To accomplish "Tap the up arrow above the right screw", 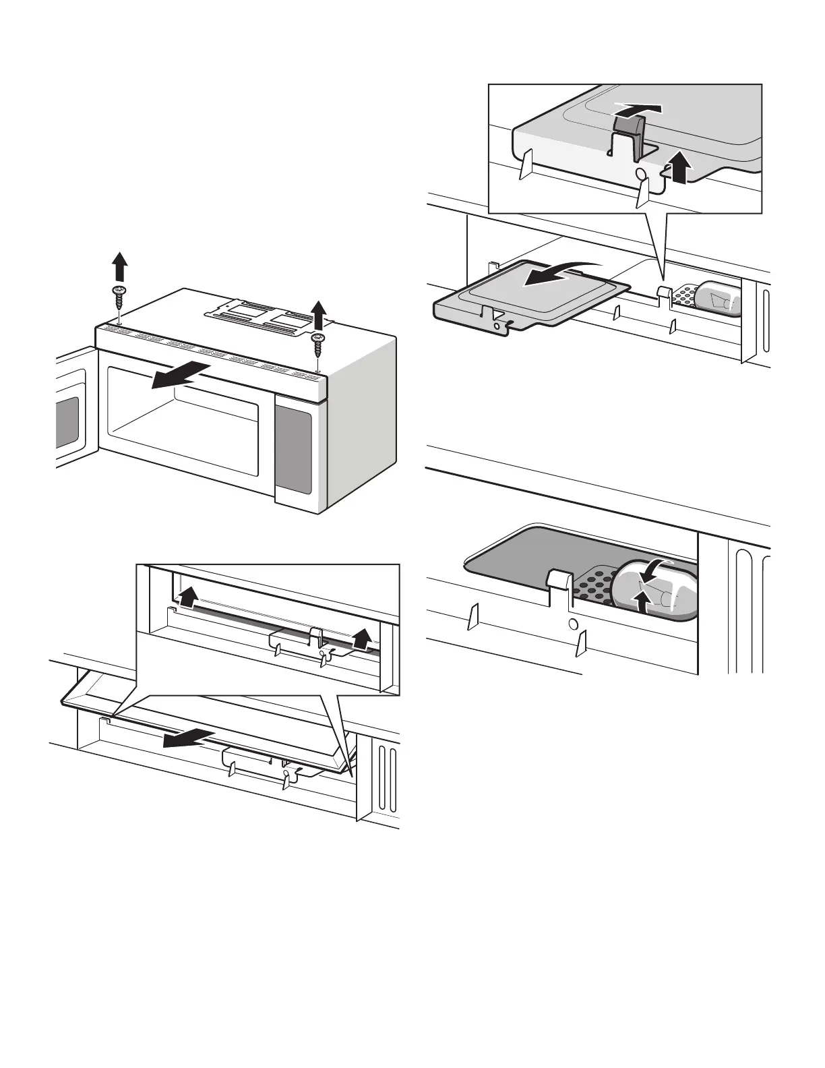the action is [318, 315].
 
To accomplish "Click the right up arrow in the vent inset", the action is [363, 638].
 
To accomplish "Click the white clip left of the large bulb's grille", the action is [557, 578].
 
